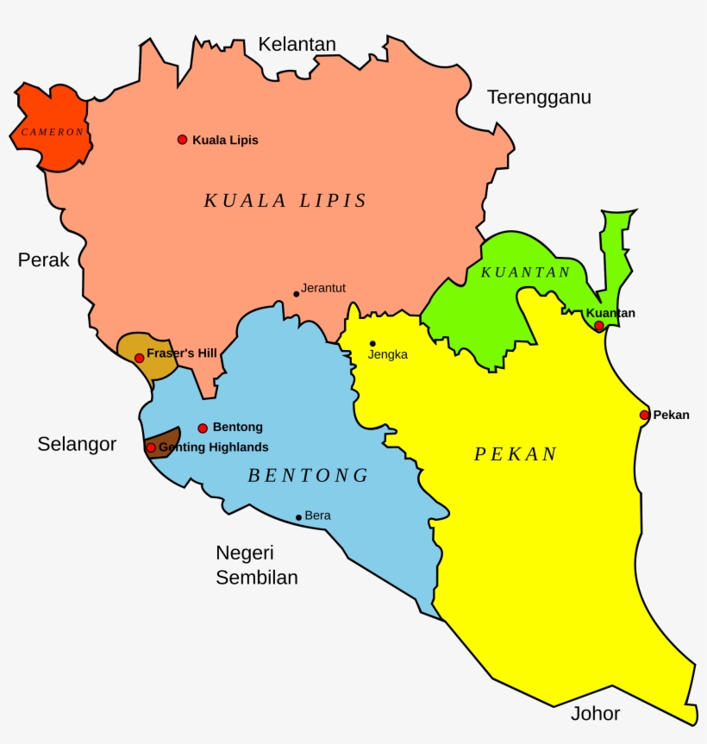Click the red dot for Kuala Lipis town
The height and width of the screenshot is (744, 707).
tap(182, 140)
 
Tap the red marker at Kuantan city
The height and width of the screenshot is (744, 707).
tap(598, 325)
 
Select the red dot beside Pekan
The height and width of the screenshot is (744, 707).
tap(644, 415)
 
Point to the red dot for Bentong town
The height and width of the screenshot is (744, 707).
tap(203, 428)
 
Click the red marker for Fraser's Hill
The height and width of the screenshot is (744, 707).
tap(140, 358)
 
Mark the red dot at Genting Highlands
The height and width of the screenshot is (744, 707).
tap(151, 447)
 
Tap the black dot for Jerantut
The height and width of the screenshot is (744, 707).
tap(296, 294)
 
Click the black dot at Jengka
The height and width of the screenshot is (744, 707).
tap(372, 343)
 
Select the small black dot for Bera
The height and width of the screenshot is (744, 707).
tap(298, 517)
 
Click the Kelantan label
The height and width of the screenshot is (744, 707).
tap(297, 44)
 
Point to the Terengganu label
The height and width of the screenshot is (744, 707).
tap(539, 97)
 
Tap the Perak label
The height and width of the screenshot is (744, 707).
tap(43, 259)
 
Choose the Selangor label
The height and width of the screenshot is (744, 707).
tap(77, 444)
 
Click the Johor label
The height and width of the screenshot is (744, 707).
tap(595, 713)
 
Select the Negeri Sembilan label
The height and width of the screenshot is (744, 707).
tap(257, 565)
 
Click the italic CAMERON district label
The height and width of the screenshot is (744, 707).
tap(53, 132)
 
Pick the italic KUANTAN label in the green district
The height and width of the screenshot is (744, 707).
tap(525, 272)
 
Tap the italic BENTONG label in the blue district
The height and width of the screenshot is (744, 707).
tap(308, 475)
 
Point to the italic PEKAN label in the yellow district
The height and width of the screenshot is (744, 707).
tap(516, 454)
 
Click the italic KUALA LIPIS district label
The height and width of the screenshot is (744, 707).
tap(285, 201)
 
